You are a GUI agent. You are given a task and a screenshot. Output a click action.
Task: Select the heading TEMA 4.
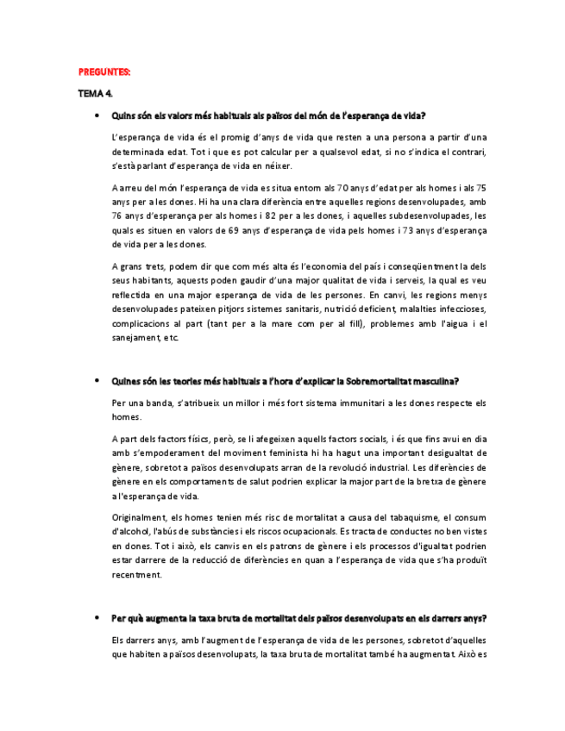click(95, 92)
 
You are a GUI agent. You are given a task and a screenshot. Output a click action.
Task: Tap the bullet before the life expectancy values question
click(96, 115)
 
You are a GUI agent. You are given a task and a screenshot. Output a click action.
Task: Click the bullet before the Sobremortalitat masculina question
click(96, 380)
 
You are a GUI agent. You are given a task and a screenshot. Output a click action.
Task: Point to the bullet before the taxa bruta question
click(96, 618)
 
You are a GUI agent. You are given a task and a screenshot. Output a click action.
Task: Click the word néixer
click(275, 166)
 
